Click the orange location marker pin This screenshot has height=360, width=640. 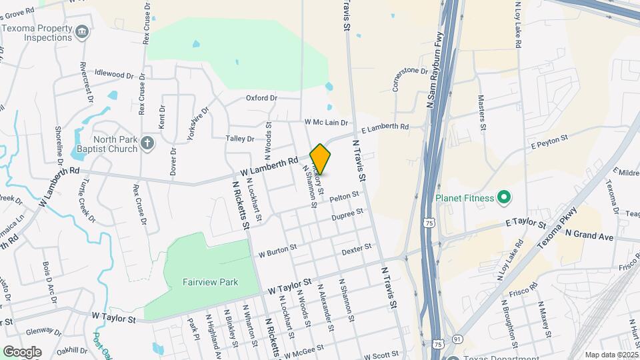point(321,159)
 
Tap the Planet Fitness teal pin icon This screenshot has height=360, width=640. point(505,197)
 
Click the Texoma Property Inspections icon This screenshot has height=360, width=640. point(81,32)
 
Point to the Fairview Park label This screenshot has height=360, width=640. point(211,282)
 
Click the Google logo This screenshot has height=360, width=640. point(22,351)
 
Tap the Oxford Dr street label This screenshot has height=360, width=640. point(261,98)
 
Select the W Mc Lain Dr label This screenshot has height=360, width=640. point(326,123)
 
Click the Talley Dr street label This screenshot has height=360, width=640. point(241,139)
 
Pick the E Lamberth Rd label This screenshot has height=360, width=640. point(385,127)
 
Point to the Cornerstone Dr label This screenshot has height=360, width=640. point(409,79)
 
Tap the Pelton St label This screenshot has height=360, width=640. point(344,197)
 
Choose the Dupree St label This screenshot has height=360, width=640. point(348,215)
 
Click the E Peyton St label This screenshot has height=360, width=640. point(549,141)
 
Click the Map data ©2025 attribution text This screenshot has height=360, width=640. point(611,355)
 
